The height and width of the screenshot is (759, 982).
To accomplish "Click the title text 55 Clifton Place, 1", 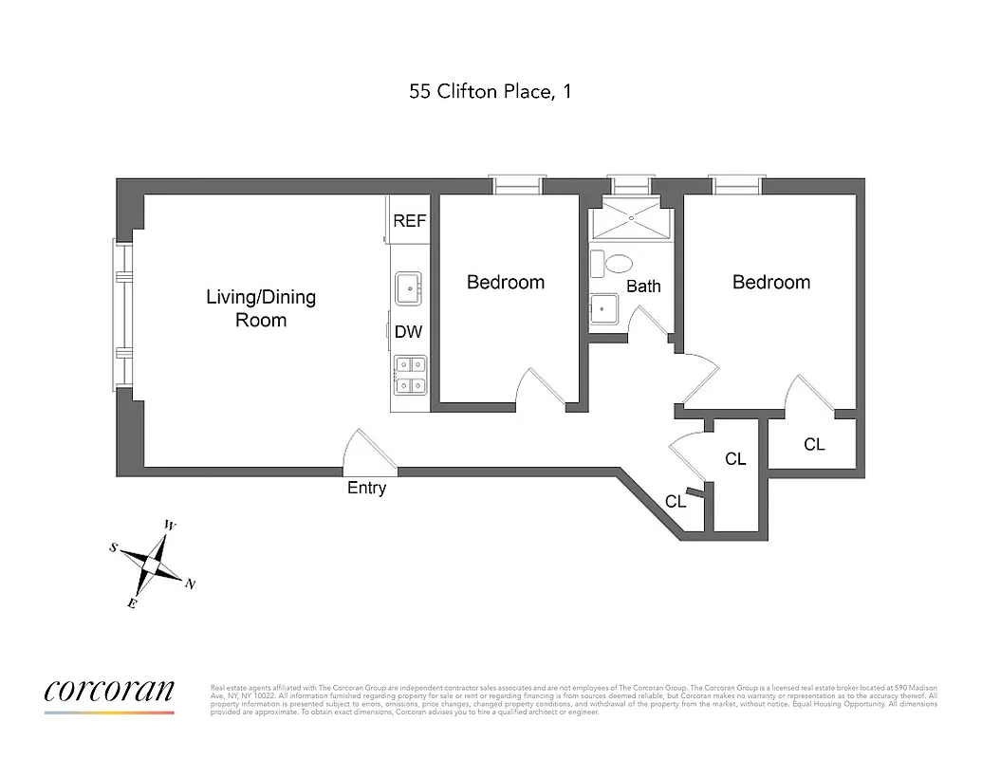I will (x=490, y=92).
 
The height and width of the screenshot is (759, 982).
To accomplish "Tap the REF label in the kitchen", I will (x=410, y=221).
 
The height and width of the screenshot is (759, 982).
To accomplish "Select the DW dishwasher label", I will (x=408, y=333).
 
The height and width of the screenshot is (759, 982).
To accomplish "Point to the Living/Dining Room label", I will (x=261, y=308).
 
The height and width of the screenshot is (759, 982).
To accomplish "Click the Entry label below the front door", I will (x=367, y=489).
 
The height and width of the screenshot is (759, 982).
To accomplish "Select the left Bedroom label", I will (x=506, y=282).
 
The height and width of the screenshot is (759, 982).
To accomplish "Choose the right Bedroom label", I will (x=771, y=282).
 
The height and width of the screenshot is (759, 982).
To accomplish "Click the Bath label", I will (x=643, y=286).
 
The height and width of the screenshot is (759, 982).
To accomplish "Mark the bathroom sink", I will (x=604, y=308).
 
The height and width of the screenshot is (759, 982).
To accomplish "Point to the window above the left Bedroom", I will (x=517, y=185).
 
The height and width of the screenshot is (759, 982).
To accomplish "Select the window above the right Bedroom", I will (x=736, y=185).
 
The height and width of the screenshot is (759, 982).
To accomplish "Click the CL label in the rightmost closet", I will (x=814, y=444).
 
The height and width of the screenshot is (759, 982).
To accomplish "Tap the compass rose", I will (x=154, y=564).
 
